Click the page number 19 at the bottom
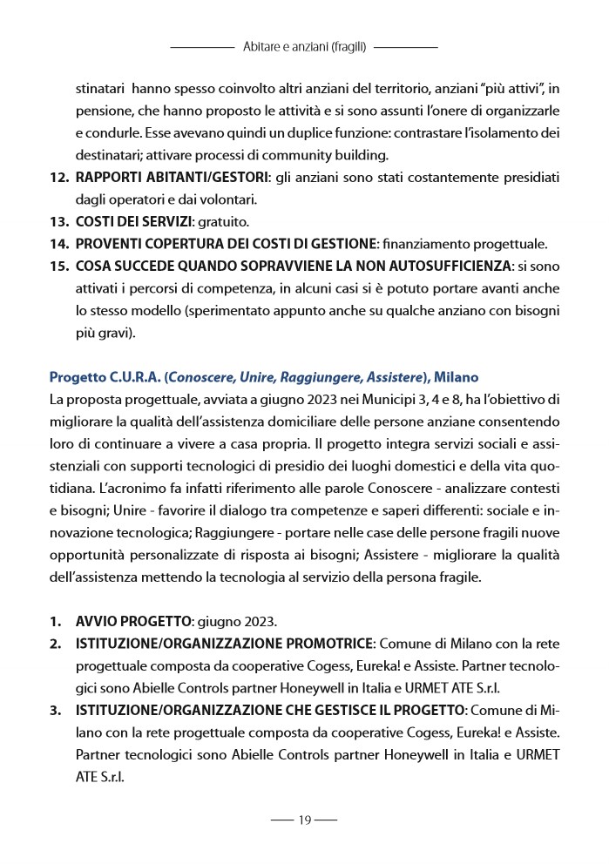click(x=304, y=820)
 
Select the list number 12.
click(x=58, y=178)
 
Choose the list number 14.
click(x=58, y=243)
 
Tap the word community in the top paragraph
click(x=310, y=156)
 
